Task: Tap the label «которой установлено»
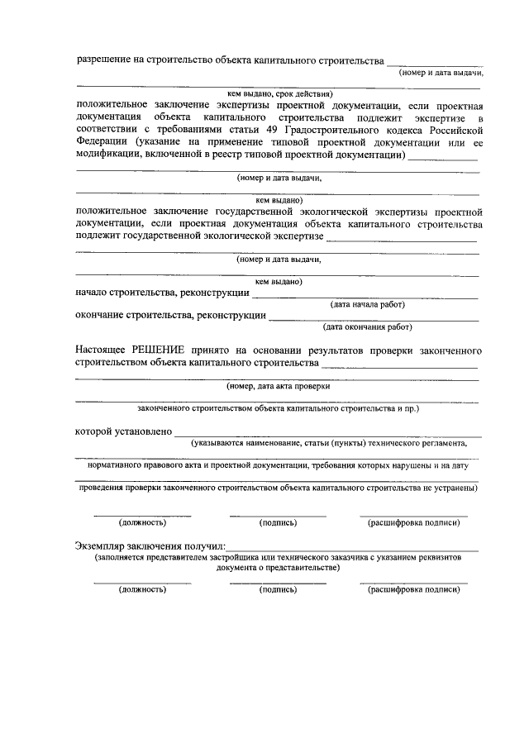click(x=123, y=431)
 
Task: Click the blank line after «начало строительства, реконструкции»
click(x=365, y=295)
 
